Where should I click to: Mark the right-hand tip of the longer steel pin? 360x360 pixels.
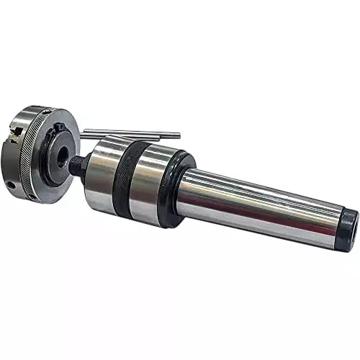point(177,133)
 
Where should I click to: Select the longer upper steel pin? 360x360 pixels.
point(130,132)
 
